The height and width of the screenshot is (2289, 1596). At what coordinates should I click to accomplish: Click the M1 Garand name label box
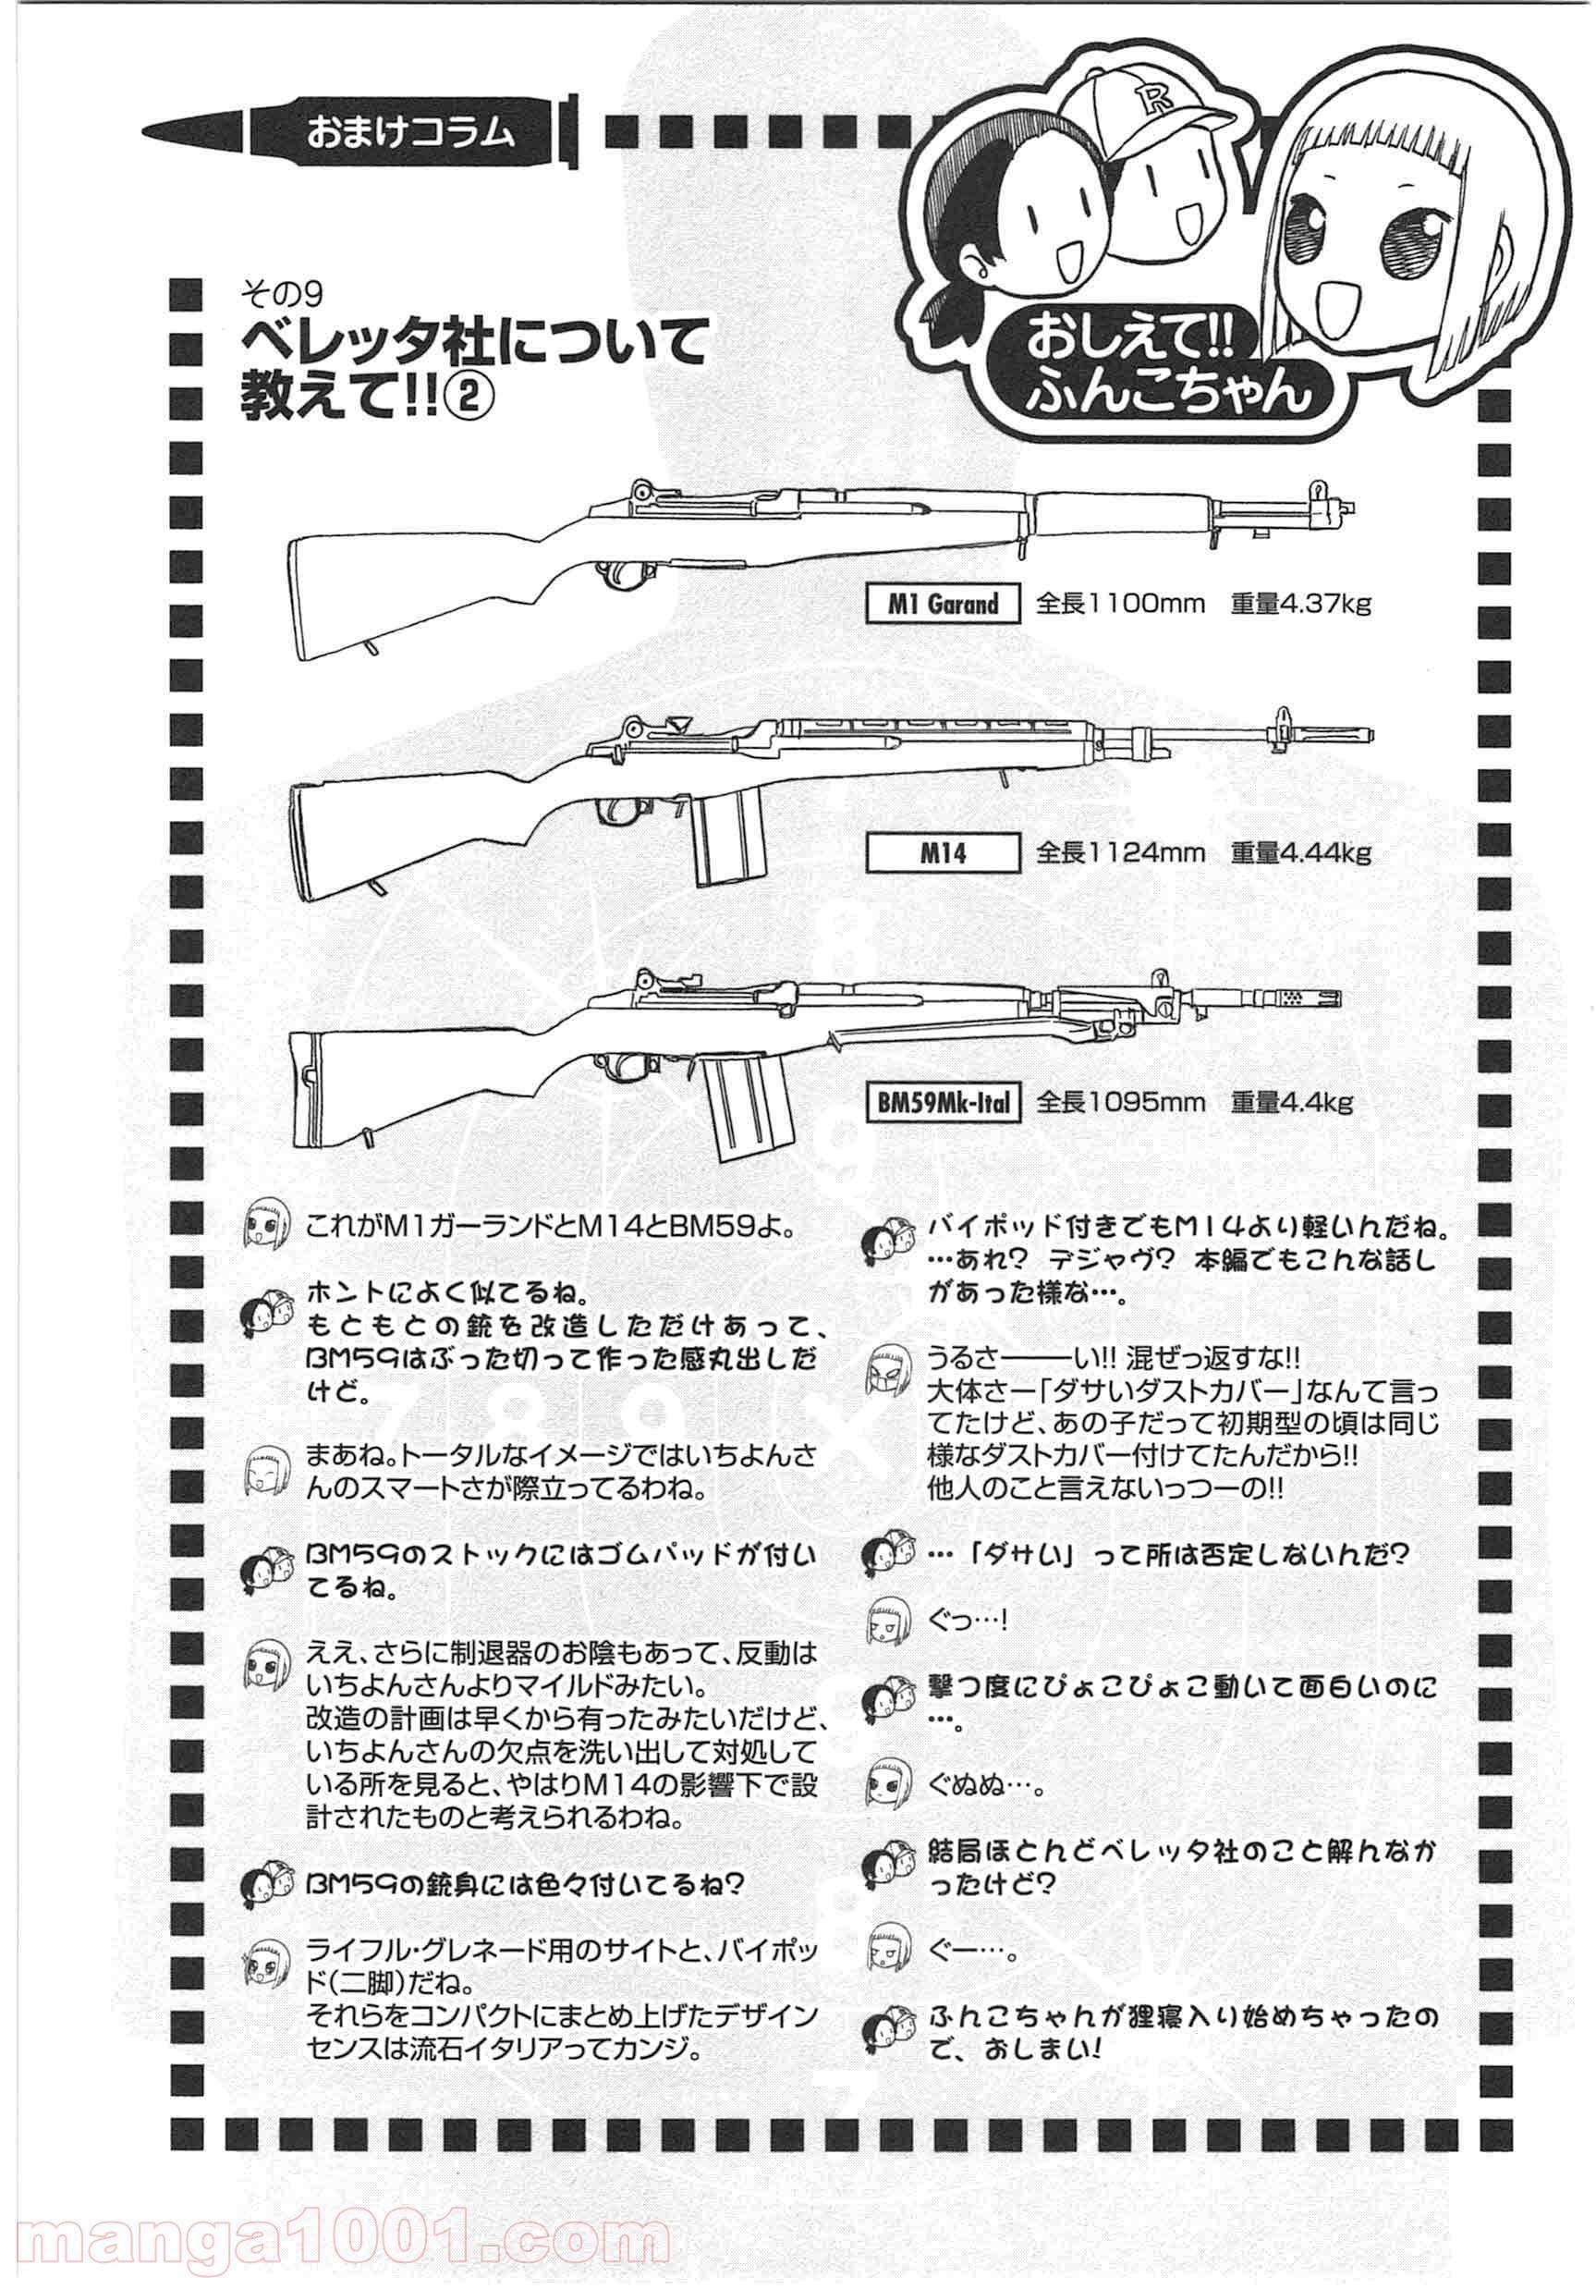[x=942, y=605]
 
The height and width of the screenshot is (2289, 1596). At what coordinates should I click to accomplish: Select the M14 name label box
[x=942, y=853]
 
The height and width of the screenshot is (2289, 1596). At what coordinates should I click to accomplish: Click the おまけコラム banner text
[x=410, y=131]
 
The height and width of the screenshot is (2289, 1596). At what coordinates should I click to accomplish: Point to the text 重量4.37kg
[x=1300, y=605]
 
